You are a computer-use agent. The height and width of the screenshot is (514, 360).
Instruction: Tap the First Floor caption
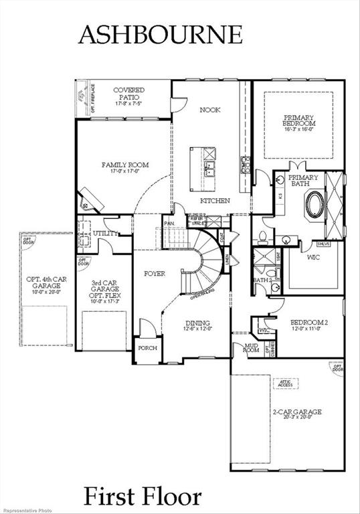[142, 497]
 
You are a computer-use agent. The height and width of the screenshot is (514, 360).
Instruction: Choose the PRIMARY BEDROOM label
[298, 123]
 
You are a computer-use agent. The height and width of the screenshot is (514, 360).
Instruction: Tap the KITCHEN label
[215, 201]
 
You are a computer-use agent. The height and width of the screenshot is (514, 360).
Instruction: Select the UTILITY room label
[106, 234]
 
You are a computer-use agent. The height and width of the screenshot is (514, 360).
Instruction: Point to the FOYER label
[155, 274]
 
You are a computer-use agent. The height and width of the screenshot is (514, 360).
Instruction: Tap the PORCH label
[147, 349]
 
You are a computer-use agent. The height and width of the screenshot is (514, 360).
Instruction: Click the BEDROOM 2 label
[308, 325]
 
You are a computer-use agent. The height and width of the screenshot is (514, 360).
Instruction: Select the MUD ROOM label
[242, 348]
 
